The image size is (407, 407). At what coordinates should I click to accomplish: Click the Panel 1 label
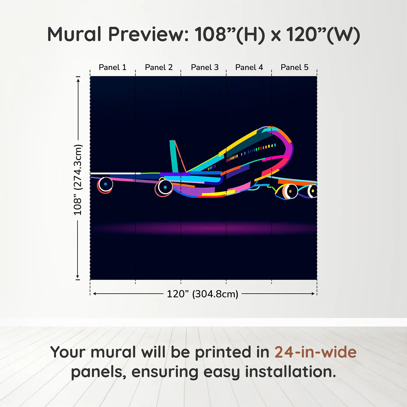tap(113, 67)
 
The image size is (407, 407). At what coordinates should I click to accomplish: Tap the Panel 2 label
tap(159, 67)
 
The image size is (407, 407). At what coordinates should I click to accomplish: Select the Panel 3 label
tap(205, 67)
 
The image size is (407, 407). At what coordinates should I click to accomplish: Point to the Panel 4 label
tap(249, 67)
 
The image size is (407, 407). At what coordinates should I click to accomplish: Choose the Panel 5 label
tap(294, 67)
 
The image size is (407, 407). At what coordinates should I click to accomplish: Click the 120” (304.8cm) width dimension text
tap(203, 294)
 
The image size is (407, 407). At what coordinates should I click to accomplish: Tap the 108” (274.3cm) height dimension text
tap(78, 180)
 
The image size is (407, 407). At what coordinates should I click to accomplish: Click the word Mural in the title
tap(74, 34)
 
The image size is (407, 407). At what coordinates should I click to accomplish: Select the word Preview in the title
tap(148, 34)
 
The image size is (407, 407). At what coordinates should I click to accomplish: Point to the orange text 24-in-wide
tap(315, 352)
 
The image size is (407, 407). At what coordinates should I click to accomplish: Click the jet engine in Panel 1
tap(105, 184)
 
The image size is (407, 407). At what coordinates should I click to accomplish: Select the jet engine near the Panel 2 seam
tap(165, 188)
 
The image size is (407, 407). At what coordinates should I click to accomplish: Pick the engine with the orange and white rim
tap(290, 192)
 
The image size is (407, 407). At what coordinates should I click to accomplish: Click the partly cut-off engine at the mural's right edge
tap(313, 191)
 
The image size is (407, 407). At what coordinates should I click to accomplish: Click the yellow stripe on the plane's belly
tap(218, 193)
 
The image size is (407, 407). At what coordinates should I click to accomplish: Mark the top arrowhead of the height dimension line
tap(78, 79)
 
